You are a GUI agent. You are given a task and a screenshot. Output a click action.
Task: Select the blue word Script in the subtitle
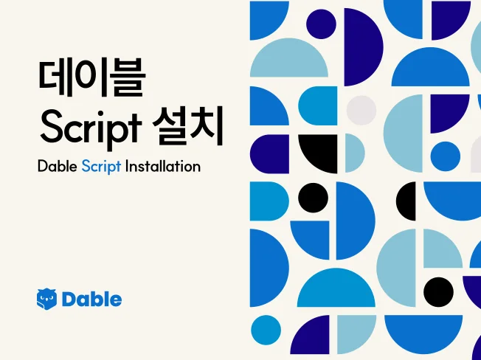point(101,166)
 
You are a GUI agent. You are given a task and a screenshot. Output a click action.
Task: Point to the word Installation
point(162,166)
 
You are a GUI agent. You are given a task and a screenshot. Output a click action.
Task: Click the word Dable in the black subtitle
point(58,166)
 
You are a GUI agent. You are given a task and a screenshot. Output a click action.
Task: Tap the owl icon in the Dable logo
point(46,299)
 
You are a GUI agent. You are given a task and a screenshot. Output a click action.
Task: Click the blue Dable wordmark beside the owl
point(92,299)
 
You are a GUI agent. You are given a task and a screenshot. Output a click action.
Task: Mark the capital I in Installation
point(128,166)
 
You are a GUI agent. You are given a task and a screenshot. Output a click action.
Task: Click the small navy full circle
point(322,24)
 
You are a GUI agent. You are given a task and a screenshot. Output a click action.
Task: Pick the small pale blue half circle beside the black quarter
point(353,153)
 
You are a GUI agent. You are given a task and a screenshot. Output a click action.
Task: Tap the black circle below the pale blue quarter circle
point(438,291)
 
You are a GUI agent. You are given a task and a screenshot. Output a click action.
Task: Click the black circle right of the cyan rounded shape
point(313,197)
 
